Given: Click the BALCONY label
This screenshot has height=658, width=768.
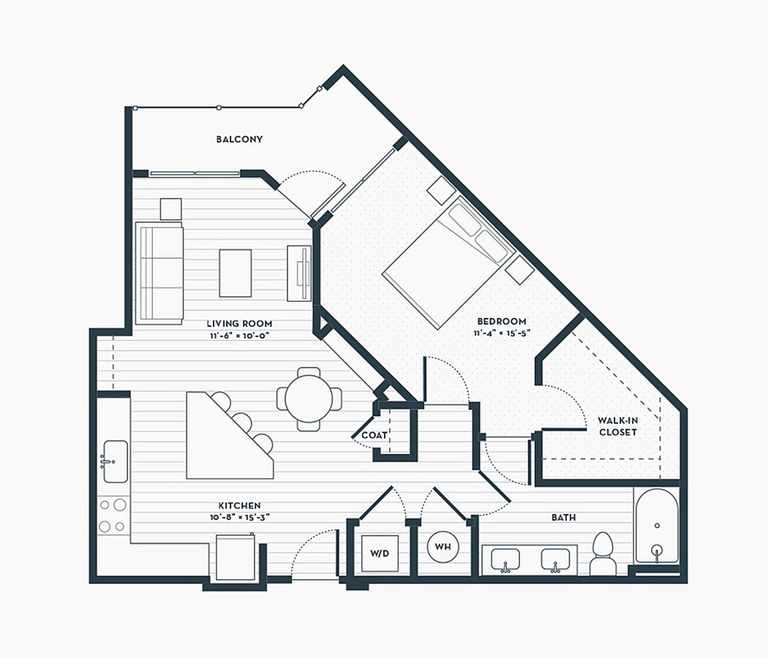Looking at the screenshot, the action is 239,140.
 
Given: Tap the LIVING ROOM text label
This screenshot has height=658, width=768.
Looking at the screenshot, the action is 239,324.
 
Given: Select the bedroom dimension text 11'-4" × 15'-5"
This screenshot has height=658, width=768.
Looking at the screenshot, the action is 502,333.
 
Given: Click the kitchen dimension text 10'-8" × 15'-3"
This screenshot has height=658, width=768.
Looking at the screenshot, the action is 239,518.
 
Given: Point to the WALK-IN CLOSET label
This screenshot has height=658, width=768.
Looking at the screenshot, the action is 618,426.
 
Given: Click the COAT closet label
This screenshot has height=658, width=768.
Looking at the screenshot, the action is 374,435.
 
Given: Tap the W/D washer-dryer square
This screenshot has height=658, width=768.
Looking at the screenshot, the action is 380,553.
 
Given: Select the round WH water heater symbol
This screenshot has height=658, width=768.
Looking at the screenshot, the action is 443,546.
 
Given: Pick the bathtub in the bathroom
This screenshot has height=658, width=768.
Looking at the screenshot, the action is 657,526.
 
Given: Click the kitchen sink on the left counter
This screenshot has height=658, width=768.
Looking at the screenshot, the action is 115,461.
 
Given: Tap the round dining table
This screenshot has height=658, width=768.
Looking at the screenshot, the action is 309,399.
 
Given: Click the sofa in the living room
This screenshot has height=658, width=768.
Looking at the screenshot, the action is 159,273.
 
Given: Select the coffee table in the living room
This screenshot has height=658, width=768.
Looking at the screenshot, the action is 235,273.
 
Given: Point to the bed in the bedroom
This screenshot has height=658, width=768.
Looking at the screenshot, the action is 448,262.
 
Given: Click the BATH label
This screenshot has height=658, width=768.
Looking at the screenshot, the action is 563,518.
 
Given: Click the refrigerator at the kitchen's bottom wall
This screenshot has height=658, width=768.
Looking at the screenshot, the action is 236,557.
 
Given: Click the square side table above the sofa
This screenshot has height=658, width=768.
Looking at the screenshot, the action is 171,209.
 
